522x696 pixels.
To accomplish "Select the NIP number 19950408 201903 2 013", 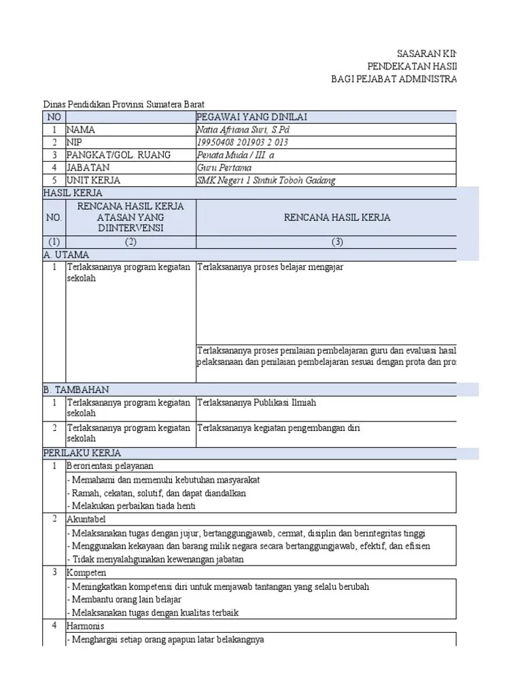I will pyautogui.click(x=242, y=142).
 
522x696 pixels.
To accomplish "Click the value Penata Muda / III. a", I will pyautogui.click(x=235, y=155).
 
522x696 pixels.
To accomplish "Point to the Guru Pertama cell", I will pyautogui.click(x=224, y=167).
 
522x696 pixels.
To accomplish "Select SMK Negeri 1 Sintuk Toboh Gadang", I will pyautogui.click(x=266, y=180).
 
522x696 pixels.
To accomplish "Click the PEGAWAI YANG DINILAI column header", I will pyautogui.click(x=247, y=117).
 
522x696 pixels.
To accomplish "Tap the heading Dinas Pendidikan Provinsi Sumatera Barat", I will pyautogui.click(x=115, y=105).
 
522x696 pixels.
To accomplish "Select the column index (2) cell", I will pyautogui.click(x=130, y=241).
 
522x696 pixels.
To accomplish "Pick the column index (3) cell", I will pyautogui.click(x=337, y=241).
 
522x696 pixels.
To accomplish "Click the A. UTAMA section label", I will pyautogui.click(x=66, y=254).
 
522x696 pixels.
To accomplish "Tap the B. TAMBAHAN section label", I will pyautogui.click(x=75, y=389).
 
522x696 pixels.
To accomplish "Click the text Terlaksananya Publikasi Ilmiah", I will pyautogui.click(x=256, y=402).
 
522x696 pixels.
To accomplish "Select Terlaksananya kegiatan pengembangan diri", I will pyautogui.click(x=278, y=428).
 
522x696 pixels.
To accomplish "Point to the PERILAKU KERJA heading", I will pyautogui.click(x=82, y=453).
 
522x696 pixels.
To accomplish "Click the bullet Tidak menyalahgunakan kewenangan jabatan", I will pyautogui.click(x=155, y=559).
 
